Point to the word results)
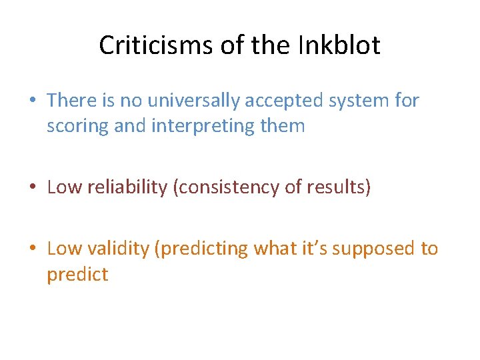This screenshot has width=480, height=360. point(337,187)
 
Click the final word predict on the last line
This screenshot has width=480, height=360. point(77,274)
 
